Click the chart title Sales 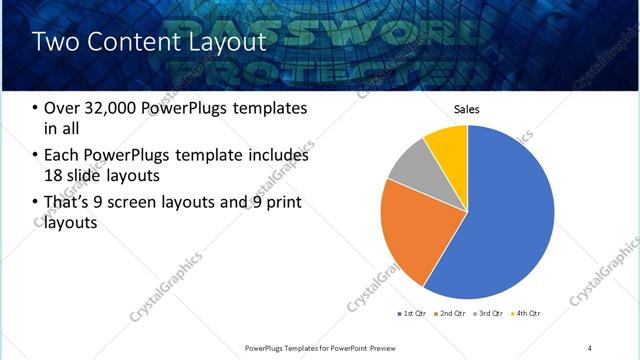click(467, 108)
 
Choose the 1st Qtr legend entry click(411, 314)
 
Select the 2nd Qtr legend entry click(452, 314)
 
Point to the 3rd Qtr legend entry click(490, 314)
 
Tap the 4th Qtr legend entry click(527, 314)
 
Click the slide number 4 click(590, 347)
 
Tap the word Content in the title click(132, 42)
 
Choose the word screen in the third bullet click(147, 203)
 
